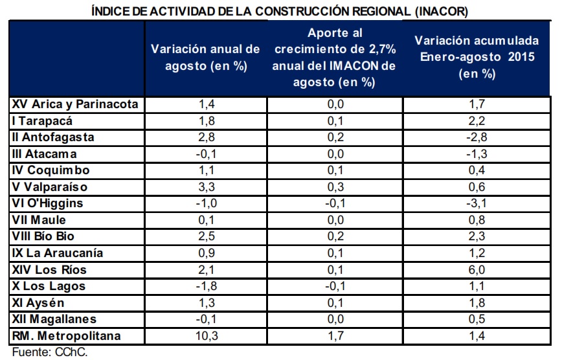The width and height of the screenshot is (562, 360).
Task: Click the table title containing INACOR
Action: pyautogui.click(x=280, y=11)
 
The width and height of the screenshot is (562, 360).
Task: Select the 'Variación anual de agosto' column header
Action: pyautogui.click(x=205, y=58)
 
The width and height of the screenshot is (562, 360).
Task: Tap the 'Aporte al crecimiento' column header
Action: pyautogui.click(x=334, y=58)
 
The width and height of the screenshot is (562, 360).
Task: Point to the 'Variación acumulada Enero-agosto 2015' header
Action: pyautogui.click(x=477, y=57)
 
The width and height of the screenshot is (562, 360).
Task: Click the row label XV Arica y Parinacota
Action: pyautogui.click(x=75, y=104)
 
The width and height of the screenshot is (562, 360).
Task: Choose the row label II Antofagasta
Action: pyautogui.click(x=53, y=137)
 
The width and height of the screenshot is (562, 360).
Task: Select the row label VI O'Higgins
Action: pyautogui.click(x=47, y=203)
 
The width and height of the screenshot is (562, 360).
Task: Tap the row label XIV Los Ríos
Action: pyautogui.click(x=49, y=269)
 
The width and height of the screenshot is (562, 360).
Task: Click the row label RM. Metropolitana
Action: pyautogui.click(x=66, y=336)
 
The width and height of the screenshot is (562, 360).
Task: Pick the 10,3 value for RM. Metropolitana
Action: pyautogui.click(x=207, y=336)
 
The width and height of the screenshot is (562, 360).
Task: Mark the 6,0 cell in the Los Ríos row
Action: pyautogui.click(x=477, y=269)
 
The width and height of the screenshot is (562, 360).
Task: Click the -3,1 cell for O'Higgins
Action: pyautogui.click(x=477, y=203)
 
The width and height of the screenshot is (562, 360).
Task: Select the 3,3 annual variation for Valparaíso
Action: pyautogui.click(x=207, y=187)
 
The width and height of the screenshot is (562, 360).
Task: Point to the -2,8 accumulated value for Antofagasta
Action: pyautogui.click(x=477, y=137)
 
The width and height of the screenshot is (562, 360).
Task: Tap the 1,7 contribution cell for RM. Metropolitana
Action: pyautogui.click(x=335, y=336)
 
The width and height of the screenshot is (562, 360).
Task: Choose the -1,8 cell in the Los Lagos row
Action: pyautogui.click(x=207, y=286)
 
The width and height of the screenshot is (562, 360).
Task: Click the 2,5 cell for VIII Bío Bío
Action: pyautogui.click(x=207, y=236)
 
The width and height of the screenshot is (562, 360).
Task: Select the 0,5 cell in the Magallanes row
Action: pyautogui.click(x=477, y=319)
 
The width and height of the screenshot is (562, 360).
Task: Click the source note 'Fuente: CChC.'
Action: pyautogui.click(x=50, y=352)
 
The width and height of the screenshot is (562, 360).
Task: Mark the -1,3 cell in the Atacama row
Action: pyautogui.click(x=477, y=154)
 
